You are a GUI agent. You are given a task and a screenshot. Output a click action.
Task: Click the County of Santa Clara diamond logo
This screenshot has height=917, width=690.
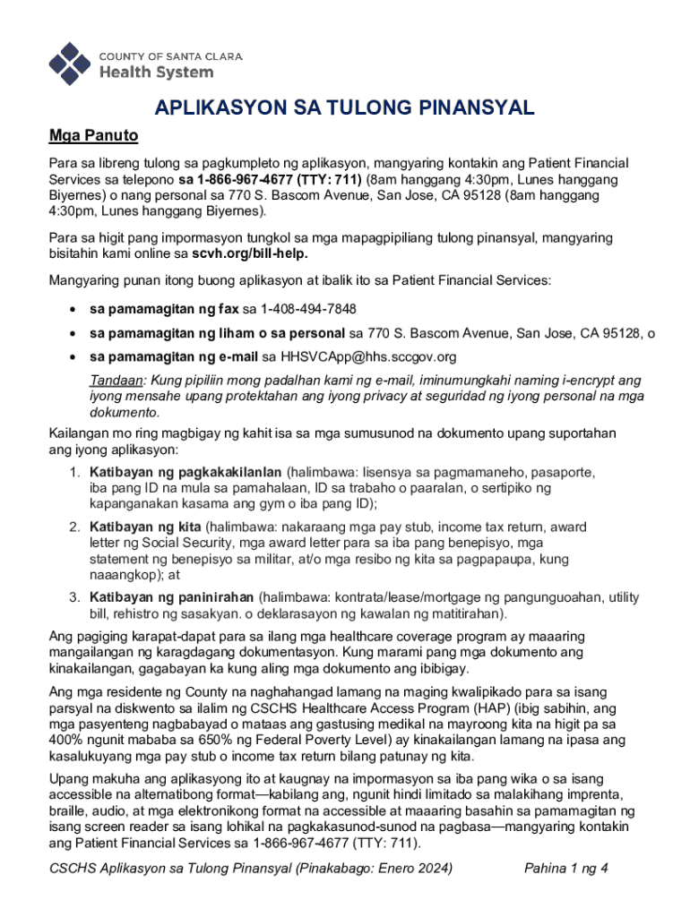70,63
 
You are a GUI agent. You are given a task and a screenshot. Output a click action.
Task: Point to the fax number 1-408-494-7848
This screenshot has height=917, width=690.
308,309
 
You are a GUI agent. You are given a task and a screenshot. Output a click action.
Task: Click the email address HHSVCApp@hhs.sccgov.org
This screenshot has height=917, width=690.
369,356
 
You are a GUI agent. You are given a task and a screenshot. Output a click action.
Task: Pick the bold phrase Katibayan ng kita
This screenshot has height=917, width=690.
145,527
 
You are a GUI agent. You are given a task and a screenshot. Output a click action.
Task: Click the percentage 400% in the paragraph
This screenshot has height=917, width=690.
69,741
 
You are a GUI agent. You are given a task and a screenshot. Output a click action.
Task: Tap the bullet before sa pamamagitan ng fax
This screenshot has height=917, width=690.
70,310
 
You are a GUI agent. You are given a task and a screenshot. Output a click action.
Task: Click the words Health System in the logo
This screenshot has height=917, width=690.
155,72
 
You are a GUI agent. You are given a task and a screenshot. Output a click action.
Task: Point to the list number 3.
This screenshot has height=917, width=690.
75,597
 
